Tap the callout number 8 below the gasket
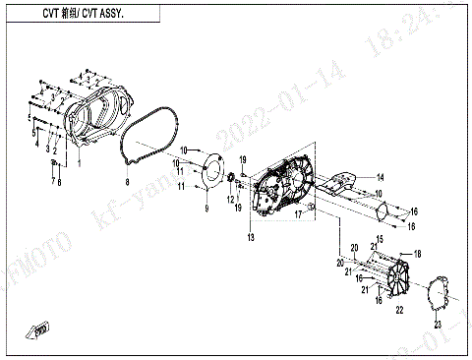tap(127, 183)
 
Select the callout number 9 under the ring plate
tap(206, 210)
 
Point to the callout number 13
tap(251, 239)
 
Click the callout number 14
tap(381, 177)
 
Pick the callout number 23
tap(439, 324)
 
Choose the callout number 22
tap(399, 310)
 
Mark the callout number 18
tap(417, 254)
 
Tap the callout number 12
tap(230, 200)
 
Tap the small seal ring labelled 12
tap(233, 177)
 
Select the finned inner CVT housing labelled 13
tap(283, 190)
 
